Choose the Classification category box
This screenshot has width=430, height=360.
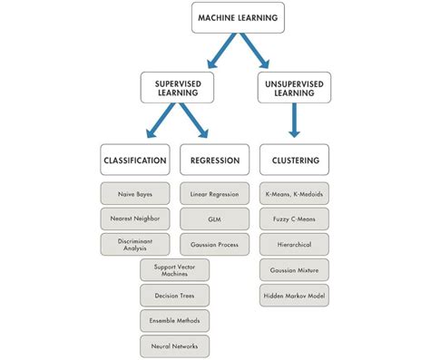click(134, 161)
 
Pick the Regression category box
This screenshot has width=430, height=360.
click(215, 161)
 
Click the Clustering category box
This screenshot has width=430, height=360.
click(294, 161)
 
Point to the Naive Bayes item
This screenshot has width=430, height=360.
click(134, 194)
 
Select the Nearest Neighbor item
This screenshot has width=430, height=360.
click(134, 219)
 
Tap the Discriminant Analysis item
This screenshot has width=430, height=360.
click(134, 244)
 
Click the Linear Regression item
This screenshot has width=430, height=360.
click(215, 194)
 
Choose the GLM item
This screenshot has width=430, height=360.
click(215, 219)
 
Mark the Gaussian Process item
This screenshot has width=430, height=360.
click(215, 244)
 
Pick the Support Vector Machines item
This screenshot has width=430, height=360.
click(175, 269)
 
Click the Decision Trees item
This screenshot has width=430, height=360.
click(175, 295)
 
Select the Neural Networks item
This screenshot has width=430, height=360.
click(175, 345)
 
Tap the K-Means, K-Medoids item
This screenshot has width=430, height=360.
click(294, 194)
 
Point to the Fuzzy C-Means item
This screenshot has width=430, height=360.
click(294, 219)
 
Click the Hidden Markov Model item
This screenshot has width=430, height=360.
click(294, 295)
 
